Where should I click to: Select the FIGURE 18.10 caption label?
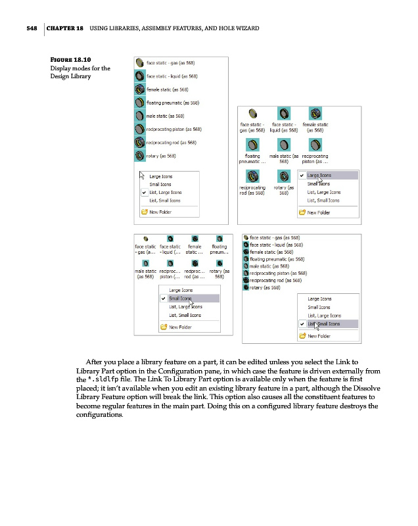point(72,59)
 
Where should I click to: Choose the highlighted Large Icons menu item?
point(319,176)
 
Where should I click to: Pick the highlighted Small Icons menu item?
point(181,299)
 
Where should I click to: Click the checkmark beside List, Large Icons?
point(143,192)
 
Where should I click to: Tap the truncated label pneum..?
point(219,252)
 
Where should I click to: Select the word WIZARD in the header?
point(243,28)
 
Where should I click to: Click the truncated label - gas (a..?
point(144,252)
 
